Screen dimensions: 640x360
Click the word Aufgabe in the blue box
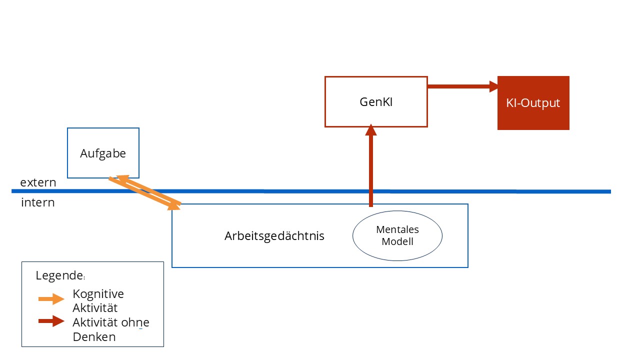[x=103, y=153]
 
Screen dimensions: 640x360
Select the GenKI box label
[x=376, y=102]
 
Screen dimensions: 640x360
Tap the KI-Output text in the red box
[x=533, y=103]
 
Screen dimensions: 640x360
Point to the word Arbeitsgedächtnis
[x=274, y=236]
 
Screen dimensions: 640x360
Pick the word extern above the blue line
[x=38, y=182]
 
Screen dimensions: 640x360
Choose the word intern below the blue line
[x=37, y=202]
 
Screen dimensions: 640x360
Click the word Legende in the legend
[x=59, y=275]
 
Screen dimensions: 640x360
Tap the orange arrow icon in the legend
[x=51, y=299]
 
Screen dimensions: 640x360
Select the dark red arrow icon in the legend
[x=51, y=321]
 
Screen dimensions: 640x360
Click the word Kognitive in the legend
[x=98, y=294]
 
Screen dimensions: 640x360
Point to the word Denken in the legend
[x=94, y=337]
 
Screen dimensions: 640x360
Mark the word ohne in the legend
[x=135, y=322]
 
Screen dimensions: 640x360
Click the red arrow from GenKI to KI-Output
[x=463, y=86]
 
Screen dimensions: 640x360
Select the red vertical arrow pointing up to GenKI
[x=371, y=165]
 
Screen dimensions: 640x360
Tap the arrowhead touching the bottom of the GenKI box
[x=371, y=130]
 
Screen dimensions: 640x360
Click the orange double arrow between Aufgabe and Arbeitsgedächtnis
[x=145, y=193]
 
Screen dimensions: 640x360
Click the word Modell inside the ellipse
[x=397, y=241]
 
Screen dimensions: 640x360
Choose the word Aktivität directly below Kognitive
[x=95, y=308]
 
